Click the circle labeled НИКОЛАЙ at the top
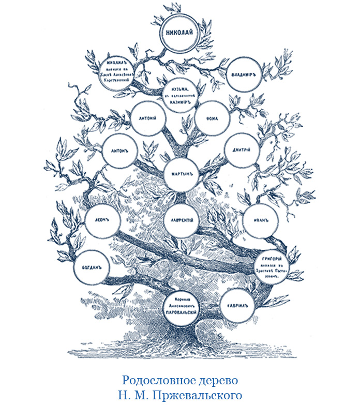[179, 32]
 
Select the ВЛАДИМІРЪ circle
[244, 74]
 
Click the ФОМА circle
[212, 118]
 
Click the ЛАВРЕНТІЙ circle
[180, 220]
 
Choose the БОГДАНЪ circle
[92, 268]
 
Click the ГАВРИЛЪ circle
[237, 305]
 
